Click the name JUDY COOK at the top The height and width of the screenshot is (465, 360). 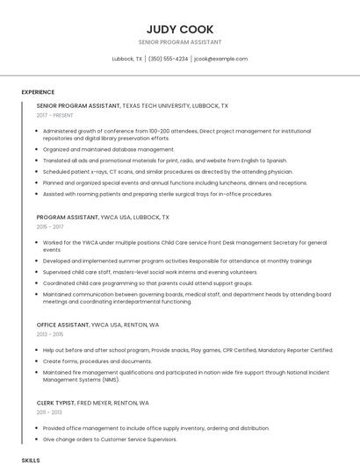pyautogui.click(x=180, y=29)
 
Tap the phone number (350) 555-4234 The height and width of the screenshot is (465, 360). pyautogui.click(x=168, y=59)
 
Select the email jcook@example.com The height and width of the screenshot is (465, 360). pyautogui.click(x=220, y=59)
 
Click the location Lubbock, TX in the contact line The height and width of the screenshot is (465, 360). pyautogui.click(x=127, y=59)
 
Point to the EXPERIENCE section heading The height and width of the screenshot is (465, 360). pyautogui.click(x=38, y=92)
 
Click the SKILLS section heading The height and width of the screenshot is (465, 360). pyautogui.click(x=31, y=460)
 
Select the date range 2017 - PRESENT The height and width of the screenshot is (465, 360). pyautogui.click(x=55, y=115)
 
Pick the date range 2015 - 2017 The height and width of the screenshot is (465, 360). pyautogui.click(x=50, y=226)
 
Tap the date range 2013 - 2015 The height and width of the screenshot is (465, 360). pyautogui.click(x=50, y=334)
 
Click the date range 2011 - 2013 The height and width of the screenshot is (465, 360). pyautogui.click(x=50, y=412)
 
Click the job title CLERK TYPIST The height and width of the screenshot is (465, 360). pyautogui.click(x=55, y=403)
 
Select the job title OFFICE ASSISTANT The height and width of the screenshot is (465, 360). pyautogui.click(x=62, y=325)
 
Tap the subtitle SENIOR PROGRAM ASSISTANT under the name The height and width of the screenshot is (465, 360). pyautogui.click(x=180, y=42)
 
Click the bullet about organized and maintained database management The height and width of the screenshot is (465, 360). pyautogui.click(x=109, y=149)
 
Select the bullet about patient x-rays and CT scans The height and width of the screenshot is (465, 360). pyautogui.click(x=167, y=172)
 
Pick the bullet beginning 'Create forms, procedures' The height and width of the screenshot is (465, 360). pyautogui.click(x=97, y=361)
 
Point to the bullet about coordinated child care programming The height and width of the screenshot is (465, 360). pyautogui.click(x=148, y=283)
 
